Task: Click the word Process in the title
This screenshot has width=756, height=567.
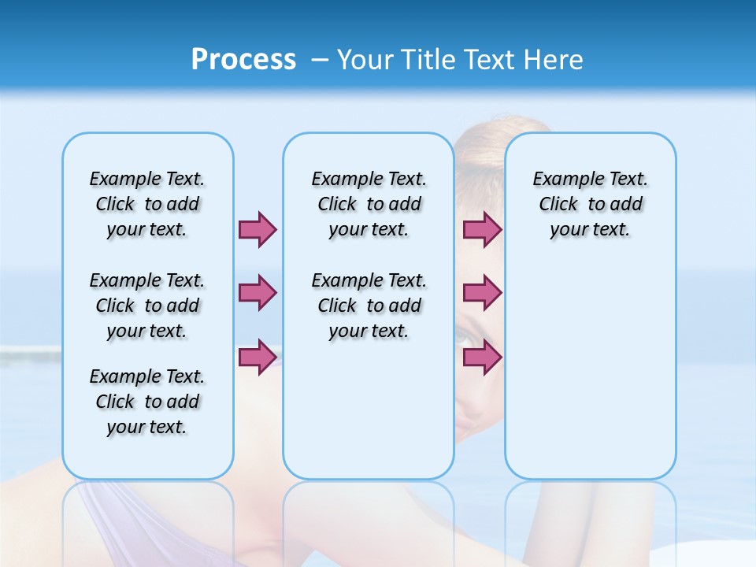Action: click(x=243, y=60)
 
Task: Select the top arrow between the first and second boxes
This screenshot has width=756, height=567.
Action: click(x=258, y=229)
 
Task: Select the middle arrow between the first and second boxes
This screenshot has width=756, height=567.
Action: click(x=258, y=293)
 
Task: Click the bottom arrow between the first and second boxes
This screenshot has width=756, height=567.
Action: click(x=258, y=357)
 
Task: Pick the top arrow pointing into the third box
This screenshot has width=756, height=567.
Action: click(x=482, y=229)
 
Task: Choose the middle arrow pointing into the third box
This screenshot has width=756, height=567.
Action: click(x=482, y=293)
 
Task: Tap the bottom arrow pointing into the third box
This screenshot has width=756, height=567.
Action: click(x=482, y=357)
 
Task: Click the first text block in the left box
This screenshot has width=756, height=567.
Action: click(x=147, y=204)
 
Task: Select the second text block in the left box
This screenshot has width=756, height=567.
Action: click(x=147, y=306)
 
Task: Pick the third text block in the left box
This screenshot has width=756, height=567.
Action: click(x=147, y=402)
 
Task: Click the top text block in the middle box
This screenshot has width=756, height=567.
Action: click(x=369, y=204)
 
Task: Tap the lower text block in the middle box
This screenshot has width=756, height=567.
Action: click(x=369, y=306)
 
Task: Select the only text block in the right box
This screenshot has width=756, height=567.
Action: click(x=590, y=204)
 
